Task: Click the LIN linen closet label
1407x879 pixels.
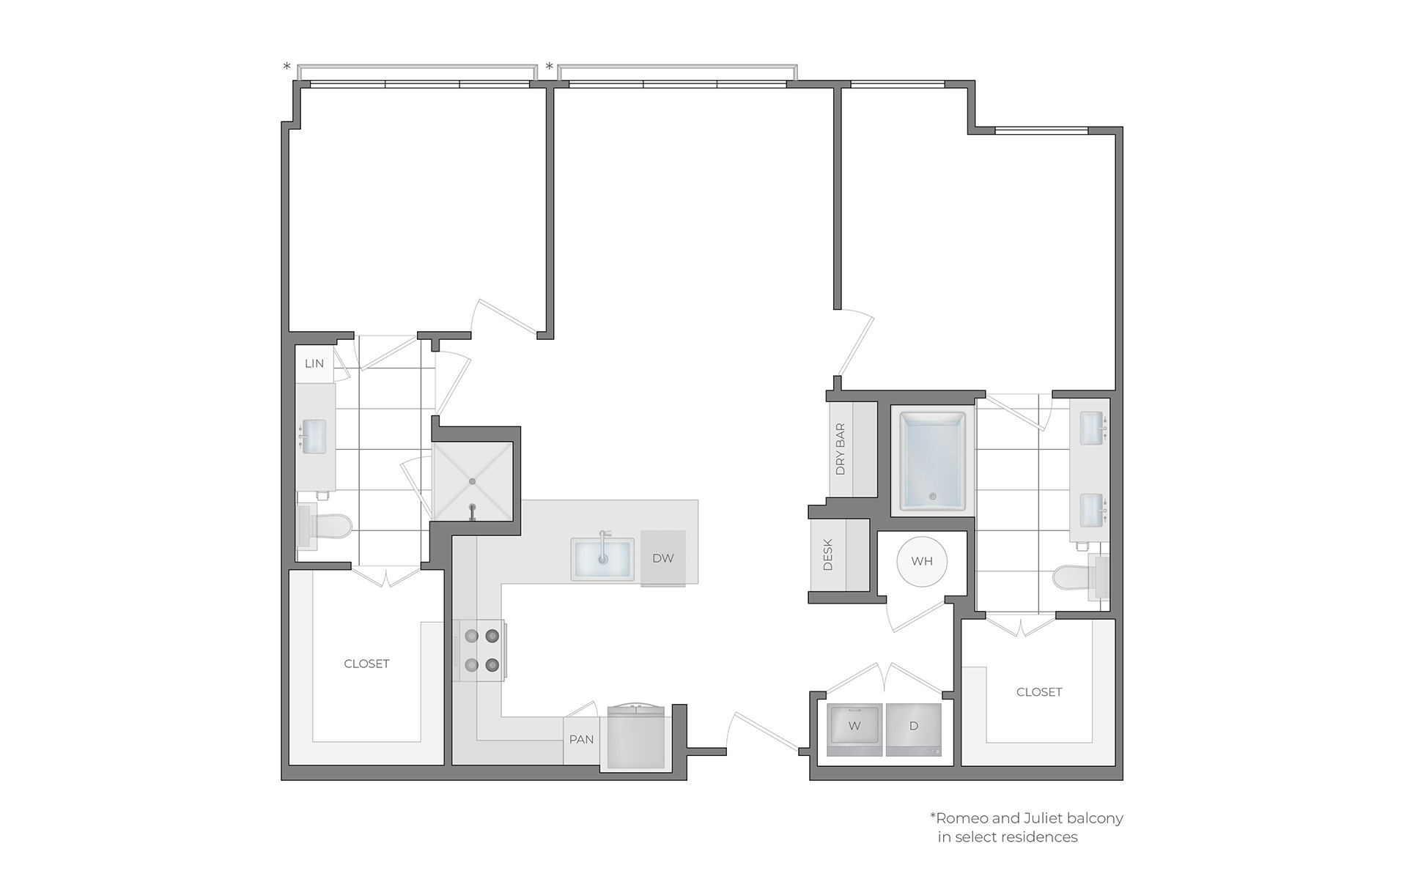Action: tap(314, 363)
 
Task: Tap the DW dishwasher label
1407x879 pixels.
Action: tap(663, 558)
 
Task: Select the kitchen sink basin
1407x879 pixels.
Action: tap(602, 560)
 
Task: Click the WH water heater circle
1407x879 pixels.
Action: tap(922, 562)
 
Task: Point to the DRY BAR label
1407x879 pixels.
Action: tap(841, 449)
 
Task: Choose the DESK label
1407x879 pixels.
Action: tap(828, 555)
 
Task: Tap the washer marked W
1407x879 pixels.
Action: tap(854, 730)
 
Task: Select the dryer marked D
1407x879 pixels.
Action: tap(914, 730)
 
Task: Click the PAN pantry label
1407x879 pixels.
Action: tap(582, 739)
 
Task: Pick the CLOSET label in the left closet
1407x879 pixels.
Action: tap(367, 664)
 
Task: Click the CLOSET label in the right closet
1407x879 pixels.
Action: tap(1039, 691)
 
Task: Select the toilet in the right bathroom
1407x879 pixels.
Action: tap(1081, 578)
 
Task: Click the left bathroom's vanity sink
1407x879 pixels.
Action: tap(313, 437)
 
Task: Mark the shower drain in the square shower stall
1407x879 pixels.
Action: tap(473, 481)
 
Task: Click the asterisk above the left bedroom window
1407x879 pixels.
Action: tap(287, 67)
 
